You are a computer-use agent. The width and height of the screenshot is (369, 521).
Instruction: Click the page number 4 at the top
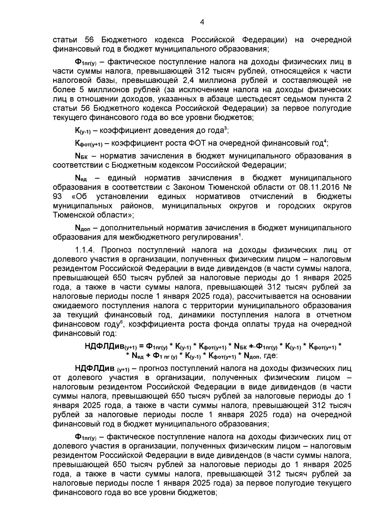(x=202, y=22)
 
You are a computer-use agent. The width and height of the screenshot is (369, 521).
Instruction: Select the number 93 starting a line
(x=57, y=196)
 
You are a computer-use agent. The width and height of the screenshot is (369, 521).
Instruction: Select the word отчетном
(x=333, y=315)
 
